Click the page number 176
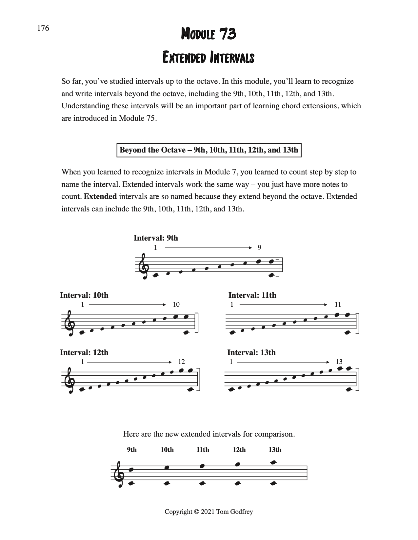(43, 28)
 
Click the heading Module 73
(209, 34)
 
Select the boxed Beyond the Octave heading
(209, 150)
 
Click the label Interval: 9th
(156, 238)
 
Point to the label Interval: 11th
(252, 295)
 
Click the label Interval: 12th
(84, 352)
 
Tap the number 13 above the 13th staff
(339, 362)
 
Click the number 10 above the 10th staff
(176, 304)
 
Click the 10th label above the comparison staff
(167, 450)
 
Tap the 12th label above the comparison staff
(239, 450)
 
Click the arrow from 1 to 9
(208, 248)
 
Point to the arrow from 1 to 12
(129, 362)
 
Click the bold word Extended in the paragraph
(100, 197)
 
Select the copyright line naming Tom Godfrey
(209, 512)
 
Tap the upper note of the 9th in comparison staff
(131, 469)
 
